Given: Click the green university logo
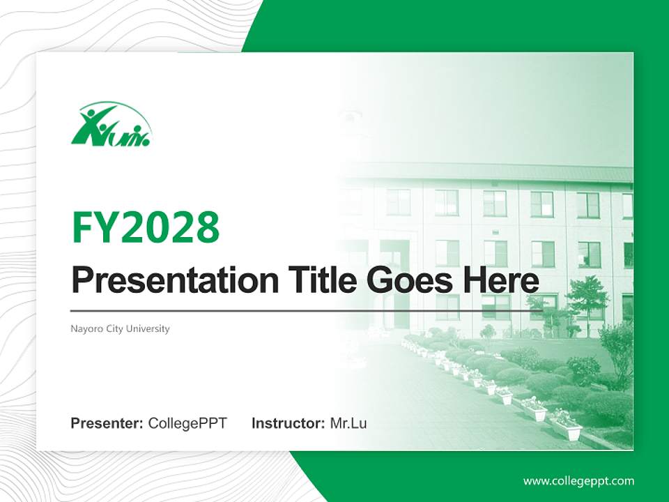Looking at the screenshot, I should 110,125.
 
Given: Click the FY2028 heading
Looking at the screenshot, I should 146,227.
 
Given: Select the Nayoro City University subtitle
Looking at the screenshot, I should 120,328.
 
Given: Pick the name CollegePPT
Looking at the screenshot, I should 187,423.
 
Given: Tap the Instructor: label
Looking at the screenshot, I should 288,423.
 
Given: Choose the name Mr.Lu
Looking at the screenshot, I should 348,423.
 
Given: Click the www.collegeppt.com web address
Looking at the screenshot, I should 578,481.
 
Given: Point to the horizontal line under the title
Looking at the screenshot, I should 307,310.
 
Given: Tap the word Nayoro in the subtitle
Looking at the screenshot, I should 85,328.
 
